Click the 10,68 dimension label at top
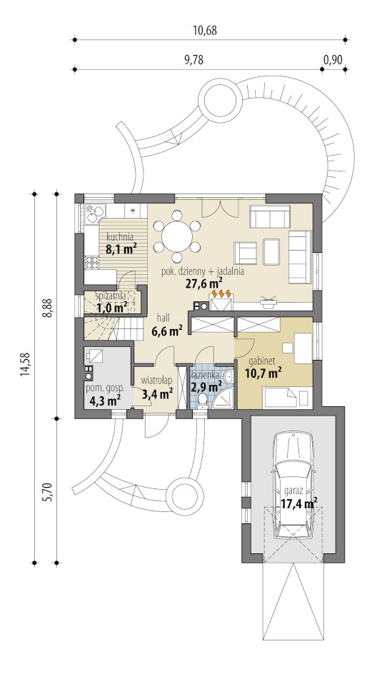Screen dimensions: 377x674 click(205, 31)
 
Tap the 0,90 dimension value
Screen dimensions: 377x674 click(333, 60)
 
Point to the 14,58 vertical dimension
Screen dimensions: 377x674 click(24, 364)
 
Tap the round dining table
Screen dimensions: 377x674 click(176, 236)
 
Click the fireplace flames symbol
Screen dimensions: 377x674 click(221, 293)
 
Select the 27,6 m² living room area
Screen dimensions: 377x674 click(203, 283)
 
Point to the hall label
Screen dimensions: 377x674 click(163, 318)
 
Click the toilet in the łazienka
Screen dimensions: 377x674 click(202, 399)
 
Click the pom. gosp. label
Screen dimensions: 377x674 click(105, 388)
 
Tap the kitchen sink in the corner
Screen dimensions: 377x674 click(95, 213)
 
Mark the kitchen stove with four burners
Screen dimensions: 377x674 click(91, 262)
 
